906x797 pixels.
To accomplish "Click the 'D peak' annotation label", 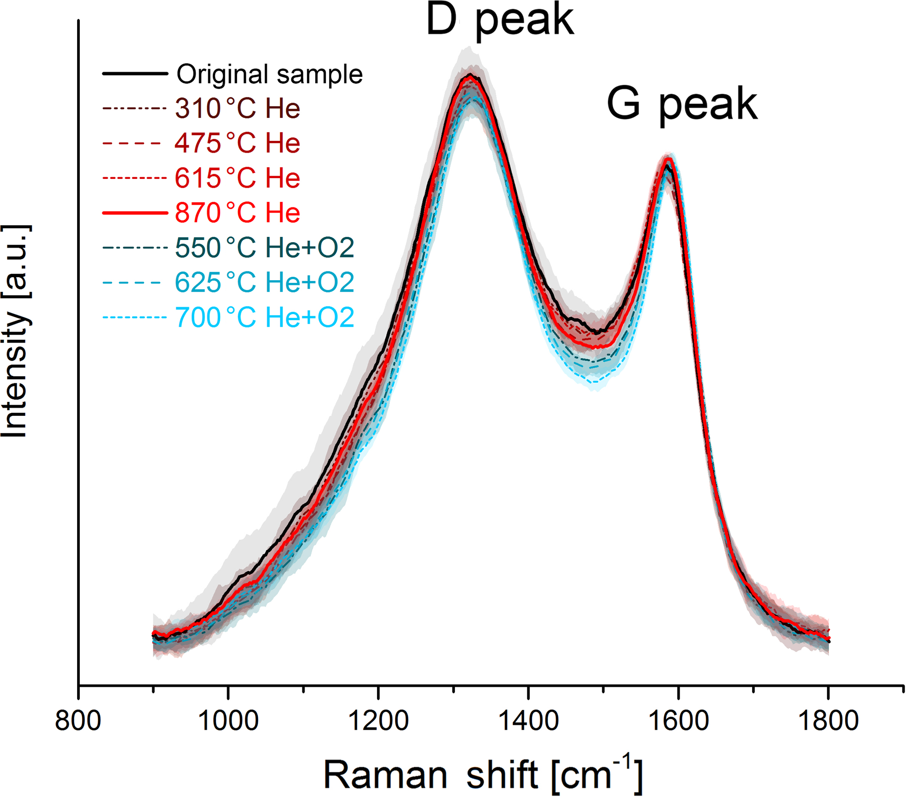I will point(500,21).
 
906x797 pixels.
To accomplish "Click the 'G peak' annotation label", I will point(682,105).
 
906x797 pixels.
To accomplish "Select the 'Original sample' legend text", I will point(270,74).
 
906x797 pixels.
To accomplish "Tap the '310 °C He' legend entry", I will point(238,109).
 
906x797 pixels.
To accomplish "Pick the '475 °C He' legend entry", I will point(238,143).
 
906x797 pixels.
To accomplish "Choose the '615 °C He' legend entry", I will point(238,178).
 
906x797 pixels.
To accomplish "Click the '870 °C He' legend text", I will point(238,213).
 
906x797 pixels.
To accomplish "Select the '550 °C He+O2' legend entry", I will point(265,247).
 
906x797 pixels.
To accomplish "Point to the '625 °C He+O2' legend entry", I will point(265,282).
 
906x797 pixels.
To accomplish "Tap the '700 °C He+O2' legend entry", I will point(265,317).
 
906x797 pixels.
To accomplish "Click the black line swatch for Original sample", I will point(135,74).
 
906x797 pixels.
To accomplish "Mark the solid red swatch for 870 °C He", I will point(135,213).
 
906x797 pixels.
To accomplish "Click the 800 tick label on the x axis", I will point(78,720).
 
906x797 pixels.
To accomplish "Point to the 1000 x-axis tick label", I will point(228,720).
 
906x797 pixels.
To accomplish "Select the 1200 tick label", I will point(378,720).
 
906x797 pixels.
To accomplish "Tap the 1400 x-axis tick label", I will point(527,720).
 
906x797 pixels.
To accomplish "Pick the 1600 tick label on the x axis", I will point(678,720).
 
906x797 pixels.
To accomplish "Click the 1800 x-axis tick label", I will point(828,720).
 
